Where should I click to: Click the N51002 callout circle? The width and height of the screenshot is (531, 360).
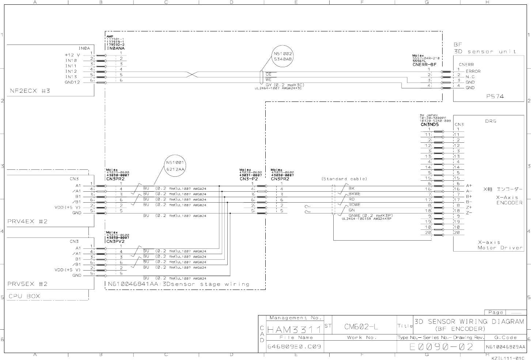(x=282, y=57)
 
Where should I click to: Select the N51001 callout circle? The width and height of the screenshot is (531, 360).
(x=176, y=165)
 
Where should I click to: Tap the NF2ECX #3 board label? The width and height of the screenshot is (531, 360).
(x=30, y=91)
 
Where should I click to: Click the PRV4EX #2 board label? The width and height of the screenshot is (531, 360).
(x=27, y=221)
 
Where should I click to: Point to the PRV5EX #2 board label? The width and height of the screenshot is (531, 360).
(x=27, y=284)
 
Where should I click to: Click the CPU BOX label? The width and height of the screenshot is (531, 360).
(x=24, y=296)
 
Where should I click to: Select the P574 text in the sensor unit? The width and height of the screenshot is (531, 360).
(x=495, y=96)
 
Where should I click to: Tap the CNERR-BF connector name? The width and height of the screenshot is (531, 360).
(x=425, y=65)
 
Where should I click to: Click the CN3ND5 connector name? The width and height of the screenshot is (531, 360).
(x=429, y=124)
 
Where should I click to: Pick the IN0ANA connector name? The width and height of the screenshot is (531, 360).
(x=115, y=48)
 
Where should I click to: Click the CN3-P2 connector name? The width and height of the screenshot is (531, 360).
(x=249, y=179)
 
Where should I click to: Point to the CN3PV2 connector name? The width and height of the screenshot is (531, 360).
(x=115, y=241)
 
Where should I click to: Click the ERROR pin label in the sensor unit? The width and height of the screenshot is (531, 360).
(x=473, y=71)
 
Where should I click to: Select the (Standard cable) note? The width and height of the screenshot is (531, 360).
(x=344, y=179)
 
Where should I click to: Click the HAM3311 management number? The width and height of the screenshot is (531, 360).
(x=294, y=330)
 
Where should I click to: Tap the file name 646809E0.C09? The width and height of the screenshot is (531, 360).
(x=294, y=346)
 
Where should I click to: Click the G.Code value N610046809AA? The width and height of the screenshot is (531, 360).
(x=506, y=347)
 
